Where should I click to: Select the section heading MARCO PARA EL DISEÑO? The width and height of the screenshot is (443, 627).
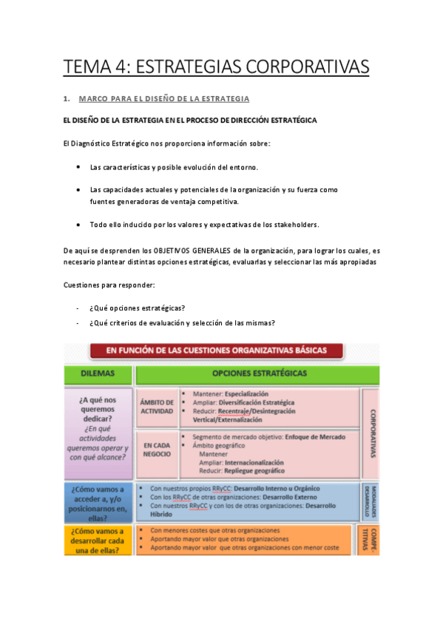163,98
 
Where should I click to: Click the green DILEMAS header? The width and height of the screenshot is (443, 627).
98,374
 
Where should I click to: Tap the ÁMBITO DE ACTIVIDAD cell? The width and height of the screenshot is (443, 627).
156,407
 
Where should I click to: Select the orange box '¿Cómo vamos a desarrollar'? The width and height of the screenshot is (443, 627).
99,540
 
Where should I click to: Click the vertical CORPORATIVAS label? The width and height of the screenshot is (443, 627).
371,433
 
